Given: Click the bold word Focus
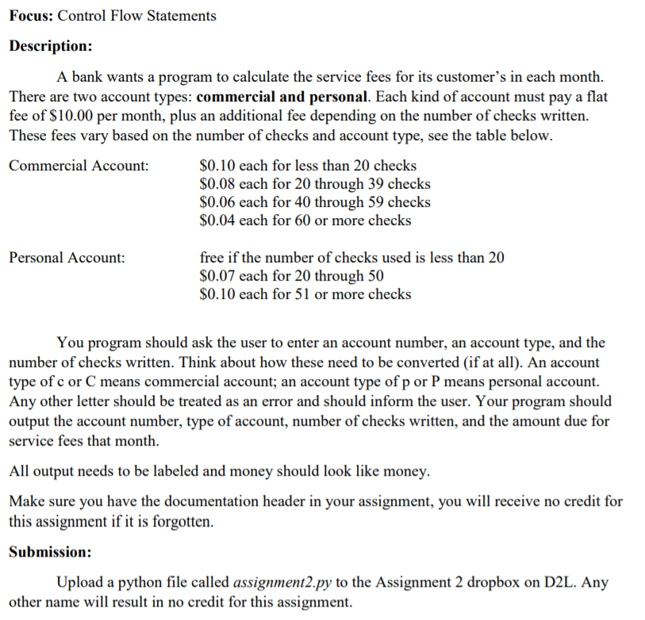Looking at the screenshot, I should pyautogui.click(x=30, y=15).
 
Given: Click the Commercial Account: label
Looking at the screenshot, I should pyautogui.click(x=79, y=166).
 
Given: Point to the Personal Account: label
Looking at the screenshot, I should pyautogui.click(x=67, y=258).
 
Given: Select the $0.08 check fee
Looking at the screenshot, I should pyautogui.click(x=217, y=184).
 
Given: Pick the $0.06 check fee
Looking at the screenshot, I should pyautogui.click(x=217, y=202).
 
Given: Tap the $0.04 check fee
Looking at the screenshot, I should pyautogui.click(x=217, y=220).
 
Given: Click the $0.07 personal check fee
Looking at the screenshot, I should pyautogui.click(x=217, y=276).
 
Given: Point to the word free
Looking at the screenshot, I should pyautogui.click(x=213, y=258).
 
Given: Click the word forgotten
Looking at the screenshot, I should pyautogui.click(x=181, y=522).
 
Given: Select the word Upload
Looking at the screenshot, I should pyautogui.click(x=80, y=583).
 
